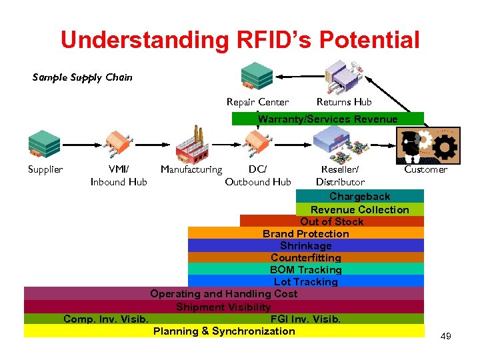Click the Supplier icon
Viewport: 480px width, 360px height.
[x=45, y=143]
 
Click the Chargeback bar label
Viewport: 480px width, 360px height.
[x=359, y=197]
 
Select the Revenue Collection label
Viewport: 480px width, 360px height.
[x=359, y=209]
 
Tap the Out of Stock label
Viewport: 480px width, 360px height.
[x=332, y=221]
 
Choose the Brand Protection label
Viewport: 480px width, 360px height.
[x=305, y=233]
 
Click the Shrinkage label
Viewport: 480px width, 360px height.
[x=305, y=245]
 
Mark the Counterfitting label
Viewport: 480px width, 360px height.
[x=305, y=257]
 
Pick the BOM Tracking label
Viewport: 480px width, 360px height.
[x=305, y=269]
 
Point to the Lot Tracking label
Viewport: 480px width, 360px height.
[x=305, y=281]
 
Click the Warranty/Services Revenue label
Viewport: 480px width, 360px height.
[x=327, y=119]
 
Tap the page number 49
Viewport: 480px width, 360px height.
[x=445, y=336]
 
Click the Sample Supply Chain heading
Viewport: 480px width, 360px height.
[x=83, y=77]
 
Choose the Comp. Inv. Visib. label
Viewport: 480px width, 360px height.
[x=106, y=319]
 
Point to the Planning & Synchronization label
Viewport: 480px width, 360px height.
[x=224, y=331]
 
